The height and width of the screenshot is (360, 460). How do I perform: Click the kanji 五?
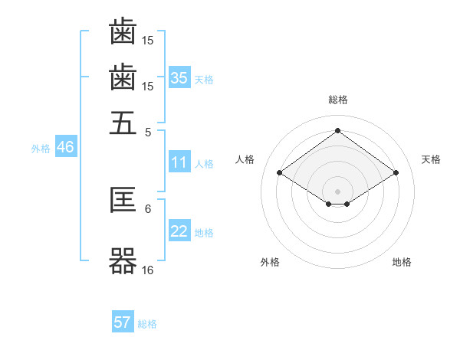(x=123, y=123)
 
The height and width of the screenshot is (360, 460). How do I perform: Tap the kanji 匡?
(x=123, y=200)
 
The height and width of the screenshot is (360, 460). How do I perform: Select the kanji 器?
(x=123, y=261)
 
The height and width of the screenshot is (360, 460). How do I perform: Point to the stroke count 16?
(x=147, y=270)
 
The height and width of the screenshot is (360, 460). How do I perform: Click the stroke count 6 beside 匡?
(x=148, y=209)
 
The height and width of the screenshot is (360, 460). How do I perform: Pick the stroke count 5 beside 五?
(x=148, y=133)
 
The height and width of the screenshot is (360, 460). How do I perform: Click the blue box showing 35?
(x=179, y=77)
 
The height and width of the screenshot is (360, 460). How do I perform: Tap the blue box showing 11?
(x=179, y=162)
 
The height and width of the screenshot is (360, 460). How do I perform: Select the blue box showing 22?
(x=179, y=230)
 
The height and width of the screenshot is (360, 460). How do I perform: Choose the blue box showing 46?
(x=66, y=146)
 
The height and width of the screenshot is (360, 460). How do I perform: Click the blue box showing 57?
(x=123, y=321)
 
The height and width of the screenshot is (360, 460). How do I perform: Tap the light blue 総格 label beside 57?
(x=147, y=324)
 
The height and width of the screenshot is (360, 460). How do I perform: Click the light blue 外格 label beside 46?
(x=41, y=149)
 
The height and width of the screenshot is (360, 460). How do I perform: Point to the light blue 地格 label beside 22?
(x=204, y=233)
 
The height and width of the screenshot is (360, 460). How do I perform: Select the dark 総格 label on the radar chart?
(x=338, y=100)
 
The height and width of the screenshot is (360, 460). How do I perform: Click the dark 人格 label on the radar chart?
(x=245, y=159)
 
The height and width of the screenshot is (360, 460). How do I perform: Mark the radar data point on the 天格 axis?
(x=396, y=172)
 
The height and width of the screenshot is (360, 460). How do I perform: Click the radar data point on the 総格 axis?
(x=337, y=130)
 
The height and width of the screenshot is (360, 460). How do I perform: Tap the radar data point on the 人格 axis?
(x=280, y=172)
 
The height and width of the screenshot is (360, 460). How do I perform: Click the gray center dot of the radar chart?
(x=337, y=191)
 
